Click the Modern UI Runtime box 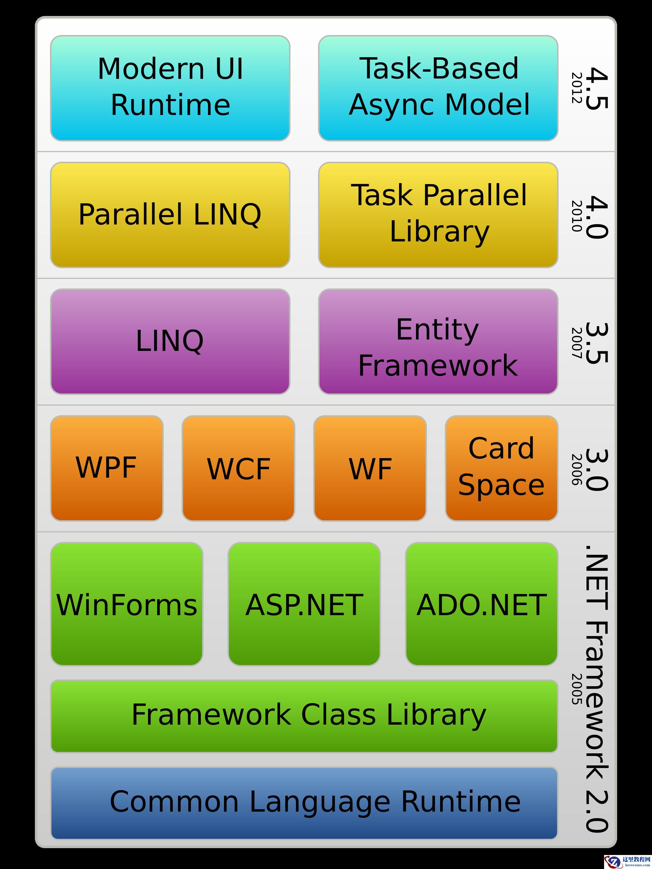coord(170,88)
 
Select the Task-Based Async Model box coord(438,88)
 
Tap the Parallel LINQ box coord(170,215)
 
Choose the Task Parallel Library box coord(438,215)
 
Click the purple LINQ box coord(170,341)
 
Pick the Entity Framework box coord(438,341)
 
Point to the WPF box coord(107,468)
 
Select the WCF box coord(238,468)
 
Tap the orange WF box coord(370,468)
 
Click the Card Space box coord(501,468)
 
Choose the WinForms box coord(126,604)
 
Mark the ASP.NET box coord(304,604)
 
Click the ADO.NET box coord(482,604)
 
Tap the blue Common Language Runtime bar coord(304,803)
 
